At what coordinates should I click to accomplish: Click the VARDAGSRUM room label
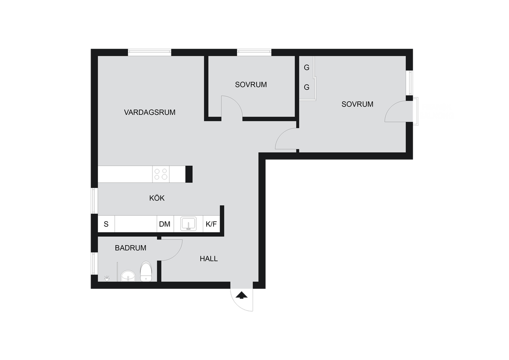(x=150, y=112)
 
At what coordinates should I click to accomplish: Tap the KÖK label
(x=157, y=198)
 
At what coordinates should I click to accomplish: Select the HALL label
(x=209, y=259)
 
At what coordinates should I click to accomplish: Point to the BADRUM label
(x=131, y=248)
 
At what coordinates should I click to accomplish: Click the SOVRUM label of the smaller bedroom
(x=251, y=85)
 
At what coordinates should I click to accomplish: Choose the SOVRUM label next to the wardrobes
(x=357, y=104)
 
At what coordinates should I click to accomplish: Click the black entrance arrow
(x=242, y=295)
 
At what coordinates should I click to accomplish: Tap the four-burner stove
(x=161, y=175)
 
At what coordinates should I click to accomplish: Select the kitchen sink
(x=188, y=224)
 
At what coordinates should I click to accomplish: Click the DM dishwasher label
(x=165, y=224)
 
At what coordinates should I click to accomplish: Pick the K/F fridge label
(x=211, y=224)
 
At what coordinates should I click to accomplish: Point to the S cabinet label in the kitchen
(x=106, y=224)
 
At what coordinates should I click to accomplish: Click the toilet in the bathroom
(x=146, y=271)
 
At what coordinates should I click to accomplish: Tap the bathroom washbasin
(x=128, y=276)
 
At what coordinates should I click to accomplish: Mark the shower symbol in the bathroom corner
(x=107, y=278)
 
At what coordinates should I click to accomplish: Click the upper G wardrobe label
(x=306, y=68)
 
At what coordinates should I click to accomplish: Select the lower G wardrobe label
(x=306, y=88)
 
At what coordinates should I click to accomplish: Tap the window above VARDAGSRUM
(x=149, y=52)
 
